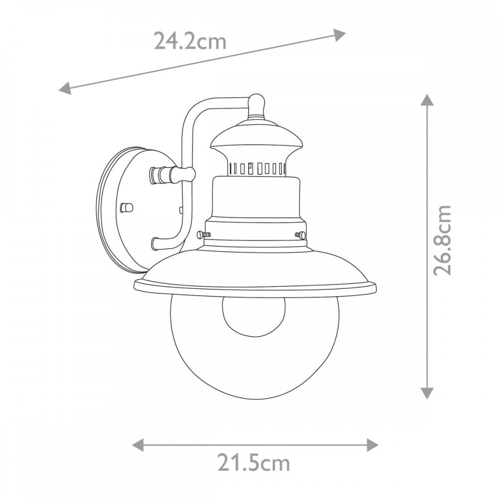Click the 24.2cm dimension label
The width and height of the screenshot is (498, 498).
(190, 41)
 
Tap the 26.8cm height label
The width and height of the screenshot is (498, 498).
(442, 240)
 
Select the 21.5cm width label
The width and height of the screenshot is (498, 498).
(254, 463)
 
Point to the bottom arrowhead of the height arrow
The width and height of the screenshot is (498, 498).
(427, 393)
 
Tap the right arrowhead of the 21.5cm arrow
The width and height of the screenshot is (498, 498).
(372, 445)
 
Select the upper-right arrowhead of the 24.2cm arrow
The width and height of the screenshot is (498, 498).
(339, 35)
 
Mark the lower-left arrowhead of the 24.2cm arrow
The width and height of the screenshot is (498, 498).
(65, 88)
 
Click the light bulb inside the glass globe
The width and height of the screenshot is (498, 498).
(253, 316)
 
